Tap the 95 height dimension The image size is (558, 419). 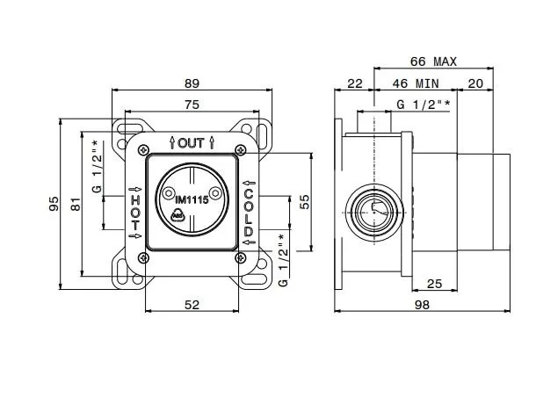point(54,204)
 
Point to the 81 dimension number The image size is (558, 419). point(76,204)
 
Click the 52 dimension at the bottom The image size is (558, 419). point(192,304)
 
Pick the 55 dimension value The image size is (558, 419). point(305,200)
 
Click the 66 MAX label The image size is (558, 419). point(433,61)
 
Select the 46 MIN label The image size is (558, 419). point(416,83)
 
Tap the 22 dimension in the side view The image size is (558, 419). point(354,83)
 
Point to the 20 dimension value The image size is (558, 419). point(475,83)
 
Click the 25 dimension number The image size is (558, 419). point(433,283)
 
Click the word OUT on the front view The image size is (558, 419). point(191,142)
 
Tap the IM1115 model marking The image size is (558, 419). point(186,199)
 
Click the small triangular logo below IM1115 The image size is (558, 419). point(178,214)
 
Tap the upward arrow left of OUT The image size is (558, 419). point(171,142)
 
